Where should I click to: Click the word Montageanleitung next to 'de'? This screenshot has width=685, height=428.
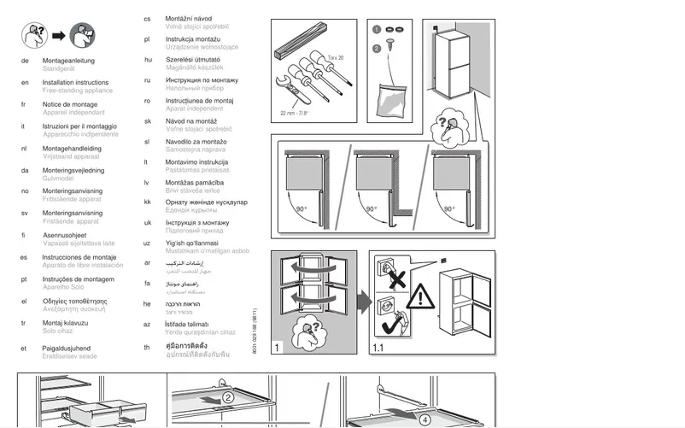click(68, 61)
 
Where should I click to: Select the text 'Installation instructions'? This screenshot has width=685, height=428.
click(75, 83)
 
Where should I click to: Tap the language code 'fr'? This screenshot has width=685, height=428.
click(24, 104)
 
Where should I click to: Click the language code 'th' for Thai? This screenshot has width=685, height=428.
click(147, 348)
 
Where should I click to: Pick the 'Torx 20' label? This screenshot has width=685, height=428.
click(335, 57)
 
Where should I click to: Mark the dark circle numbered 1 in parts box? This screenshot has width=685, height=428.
click(376, 30)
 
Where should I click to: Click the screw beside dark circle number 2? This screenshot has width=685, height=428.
click(394, 48)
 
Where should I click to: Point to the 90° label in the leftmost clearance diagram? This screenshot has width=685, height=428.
click(301, 208)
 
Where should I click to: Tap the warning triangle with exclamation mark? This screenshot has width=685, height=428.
click(419, 297)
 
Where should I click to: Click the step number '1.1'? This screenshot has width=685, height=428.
click(380, 349)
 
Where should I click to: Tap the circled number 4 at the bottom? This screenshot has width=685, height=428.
click(426, 419)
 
